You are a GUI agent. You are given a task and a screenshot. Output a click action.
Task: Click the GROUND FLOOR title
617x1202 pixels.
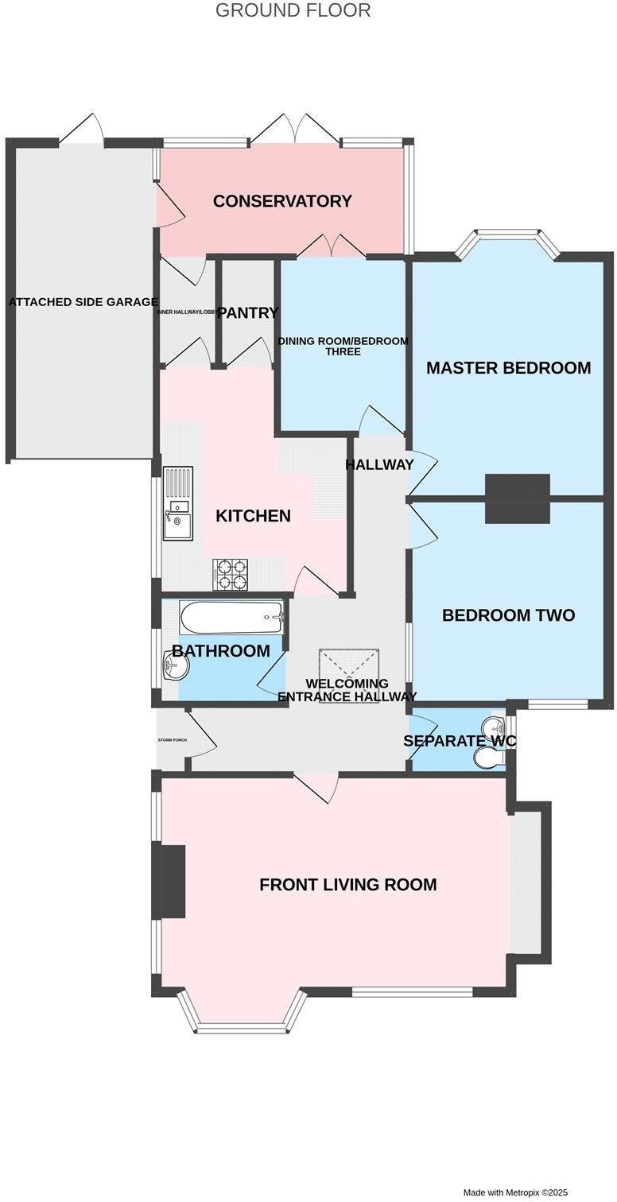[x=293, y=10]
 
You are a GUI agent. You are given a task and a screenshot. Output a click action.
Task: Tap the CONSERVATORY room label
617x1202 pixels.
[x=281, y=201]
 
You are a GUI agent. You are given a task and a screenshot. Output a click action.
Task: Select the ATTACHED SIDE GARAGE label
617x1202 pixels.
[x=83, y=302]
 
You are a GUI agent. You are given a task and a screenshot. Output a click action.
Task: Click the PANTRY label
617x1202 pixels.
[x=248, y=313]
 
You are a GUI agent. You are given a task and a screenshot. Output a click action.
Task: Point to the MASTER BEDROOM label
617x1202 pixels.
[x=508, y=368]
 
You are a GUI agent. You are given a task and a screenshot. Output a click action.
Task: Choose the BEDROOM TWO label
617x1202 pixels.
[x=508, y=615]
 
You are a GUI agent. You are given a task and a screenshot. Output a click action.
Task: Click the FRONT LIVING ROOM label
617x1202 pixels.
[x=347, y=884]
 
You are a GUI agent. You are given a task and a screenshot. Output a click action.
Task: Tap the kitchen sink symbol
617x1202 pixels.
[x=178, y=504]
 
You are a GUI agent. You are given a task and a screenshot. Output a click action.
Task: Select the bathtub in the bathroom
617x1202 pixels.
[x=231, y=616]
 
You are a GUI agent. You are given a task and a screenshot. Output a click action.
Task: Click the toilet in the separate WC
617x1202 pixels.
[x=490, y=761]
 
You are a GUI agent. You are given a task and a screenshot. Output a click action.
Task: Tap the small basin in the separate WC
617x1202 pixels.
[x=496, y=727]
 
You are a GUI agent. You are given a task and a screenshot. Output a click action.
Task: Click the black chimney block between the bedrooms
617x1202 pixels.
[x=518, y=498]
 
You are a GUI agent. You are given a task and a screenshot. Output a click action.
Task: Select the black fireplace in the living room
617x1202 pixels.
[x=173, y=881]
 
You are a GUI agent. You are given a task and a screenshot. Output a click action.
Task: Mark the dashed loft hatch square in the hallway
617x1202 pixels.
[x=349, y=664]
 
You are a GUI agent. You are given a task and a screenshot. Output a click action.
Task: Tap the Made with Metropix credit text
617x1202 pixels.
[x=516, y=1192]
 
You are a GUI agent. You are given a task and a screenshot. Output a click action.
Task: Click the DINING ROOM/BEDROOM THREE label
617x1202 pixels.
[x=343, y=346]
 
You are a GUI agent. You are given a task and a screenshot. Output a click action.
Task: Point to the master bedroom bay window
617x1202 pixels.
[x=508, y=234]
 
